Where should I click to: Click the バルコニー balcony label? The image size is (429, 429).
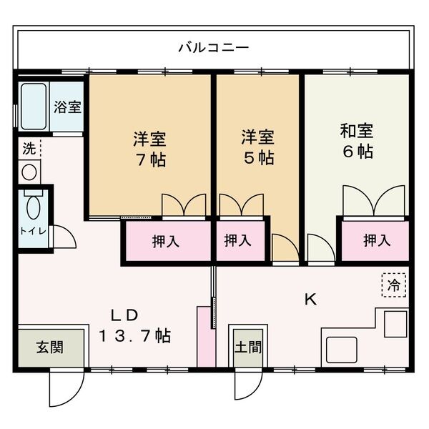pos(213,48)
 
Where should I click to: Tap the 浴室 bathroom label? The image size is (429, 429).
pos(69,107)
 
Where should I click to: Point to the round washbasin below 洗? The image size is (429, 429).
pos(29,172)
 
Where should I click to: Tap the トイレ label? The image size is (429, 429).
pos(30,231)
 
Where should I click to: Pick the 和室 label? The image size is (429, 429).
pos(356,132)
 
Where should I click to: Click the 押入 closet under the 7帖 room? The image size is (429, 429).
pos(166,242)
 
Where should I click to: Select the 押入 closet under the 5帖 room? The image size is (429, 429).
pos(238,242)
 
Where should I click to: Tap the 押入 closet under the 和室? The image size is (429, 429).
pos(376,242)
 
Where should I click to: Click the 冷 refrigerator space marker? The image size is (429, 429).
pos(394,285)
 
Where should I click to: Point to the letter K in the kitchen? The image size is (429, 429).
pos(310,300)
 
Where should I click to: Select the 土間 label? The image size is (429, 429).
pos(247,348)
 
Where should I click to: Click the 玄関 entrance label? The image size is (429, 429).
pos(49,348)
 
